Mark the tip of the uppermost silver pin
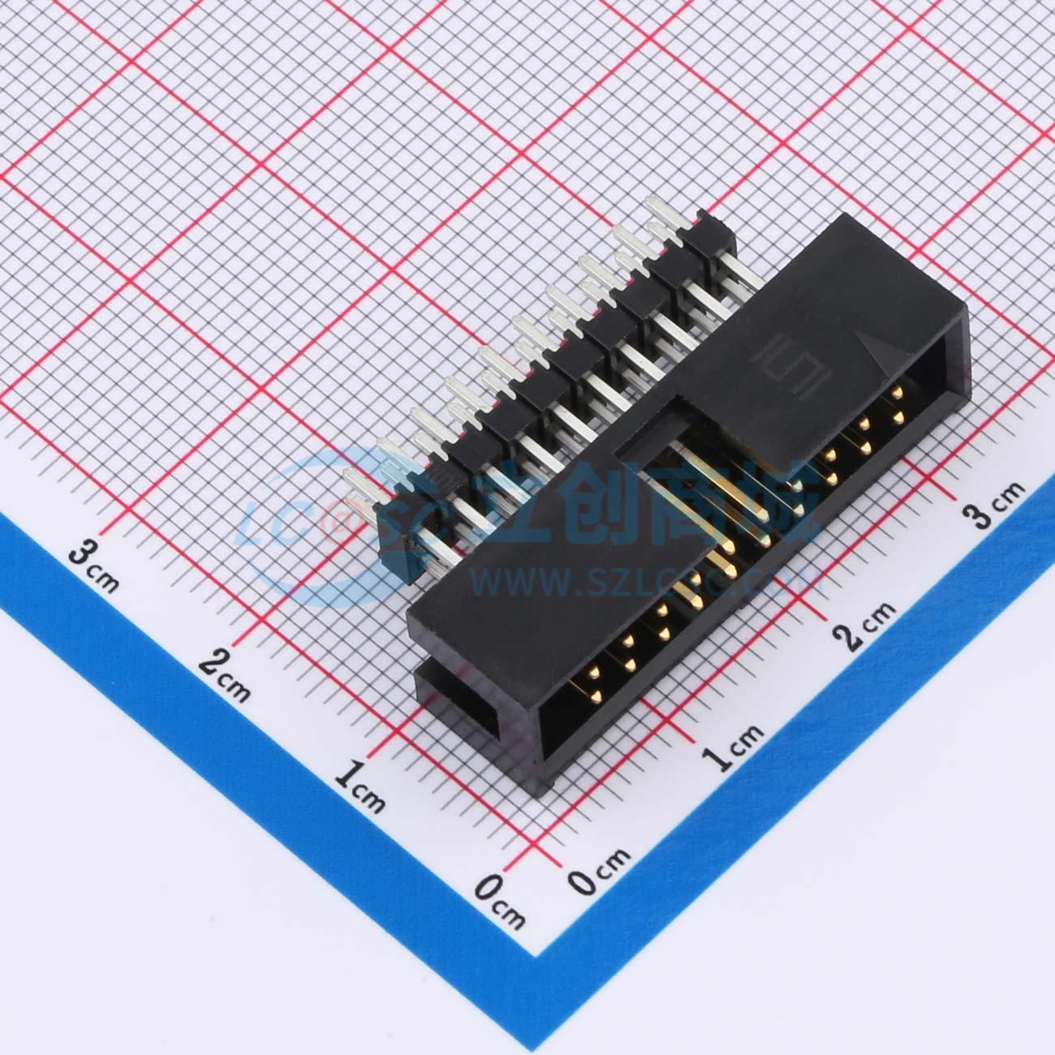point(654,204)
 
